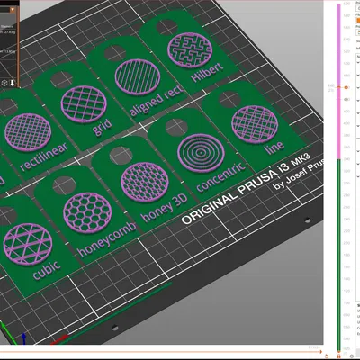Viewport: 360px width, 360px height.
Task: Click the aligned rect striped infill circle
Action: (x=133, y=74)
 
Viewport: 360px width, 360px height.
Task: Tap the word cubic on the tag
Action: (x=45, y=271)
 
